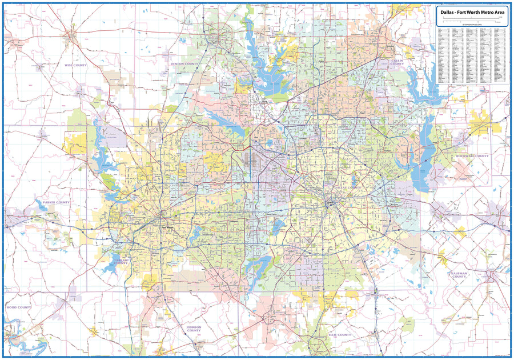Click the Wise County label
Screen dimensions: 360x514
click(75, 65)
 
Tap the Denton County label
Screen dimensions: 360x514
click(184, 64)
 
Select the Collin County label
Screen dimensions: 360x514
click(397, 62)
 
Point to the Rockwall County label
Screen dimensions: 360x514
click(472, 156)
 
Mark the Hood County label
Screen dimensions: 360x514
click(19, 307)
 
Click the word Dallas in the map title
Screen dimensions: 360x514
click(447, 11)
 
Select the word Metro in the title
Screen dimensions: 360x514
click(485, 11)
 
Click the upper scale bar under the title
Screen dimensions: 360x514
click(472, 18)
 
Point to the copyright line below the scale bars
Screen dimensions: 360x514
click(472, 26)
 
